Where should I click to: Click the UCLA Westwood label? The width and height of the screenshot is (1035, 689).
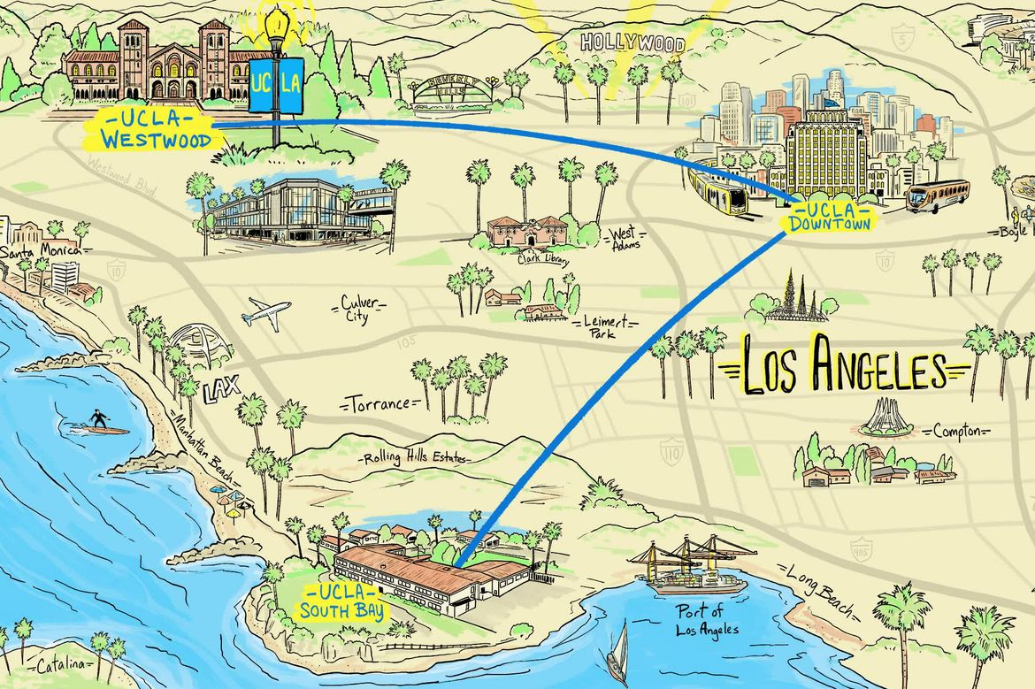(x=150, y=129)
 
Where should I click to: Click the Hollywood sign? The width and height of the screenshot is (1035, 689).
(x=632, y=42)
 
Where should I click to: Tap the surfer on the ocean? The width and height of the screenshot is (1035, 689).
(x=97, y=423)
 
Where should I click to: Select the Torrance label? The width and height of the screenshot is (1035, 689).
(x=378, y=404)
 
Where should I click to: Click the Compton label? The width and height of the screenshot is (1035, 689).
(x=957, y=432)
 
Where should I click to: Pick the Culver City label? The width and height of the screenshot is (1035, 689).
(x=360, y=310)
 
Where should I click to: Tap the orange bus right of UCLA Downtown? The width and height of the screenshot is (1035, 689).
(x=938, y=196)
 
